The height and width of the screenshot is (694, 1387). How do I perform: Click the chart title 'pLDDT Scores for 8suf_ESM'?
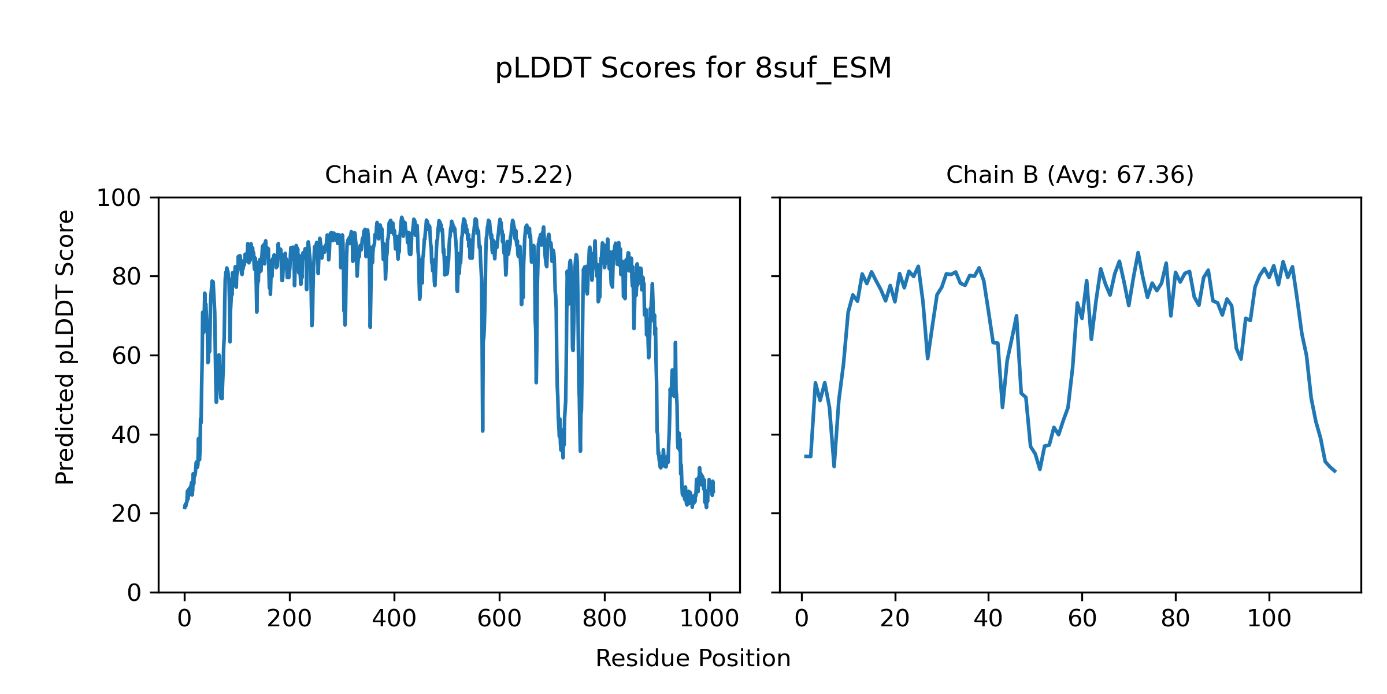[693, 68]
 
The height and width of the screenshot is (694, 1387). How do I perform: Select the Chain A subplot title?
[448, 175]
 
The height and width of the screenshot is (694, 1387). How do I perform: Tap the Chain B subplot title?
[1070, 175]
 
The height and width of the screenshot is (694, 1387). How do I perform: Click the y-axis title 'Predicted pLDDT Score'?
[65, 347]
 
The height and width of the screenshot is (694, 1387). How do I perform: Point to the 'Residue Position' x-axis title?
[693, 658]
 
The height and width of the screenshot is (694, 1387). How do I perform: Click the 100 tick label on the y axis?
[118, 198]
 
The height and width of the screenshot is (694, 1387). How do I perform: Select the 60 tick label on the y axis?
[126, 356]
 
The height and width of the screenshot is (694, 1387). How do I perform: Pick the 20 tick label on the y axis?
[126, 514]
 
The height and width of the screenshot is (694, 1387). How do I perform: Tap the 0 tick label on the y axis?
[134, 592]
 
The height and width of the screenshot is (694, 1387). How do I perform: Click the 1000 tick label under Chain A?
[709, 619]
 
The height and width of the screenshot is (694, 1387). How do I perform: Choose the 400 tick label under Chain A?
[394, 619]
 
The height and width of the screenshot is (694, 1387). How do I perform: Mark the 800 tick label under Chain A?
[605, 619]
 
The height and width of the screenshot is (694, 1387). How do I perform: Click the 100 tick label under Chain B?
[1269, 619]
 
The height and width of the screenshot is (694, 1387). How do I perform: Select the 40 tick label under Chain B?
[988, 619]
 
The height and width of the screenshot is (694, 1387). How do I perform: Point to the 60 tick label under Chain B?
[1082, 619]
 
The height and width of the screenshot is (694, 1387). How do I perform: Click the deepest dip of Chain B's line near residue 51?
[1040, 469]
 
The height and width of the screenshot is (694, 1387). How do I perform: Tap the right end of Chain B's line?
[1335, 471]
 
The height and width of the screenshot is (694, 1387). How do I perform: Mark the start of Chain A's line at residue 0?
[184, 507]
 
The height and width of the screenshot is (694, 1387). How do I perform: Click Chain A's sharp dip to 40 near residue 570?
[483, 430]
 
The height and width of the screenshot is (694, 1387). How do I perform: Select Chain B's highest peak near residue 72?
[1138, 253]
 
